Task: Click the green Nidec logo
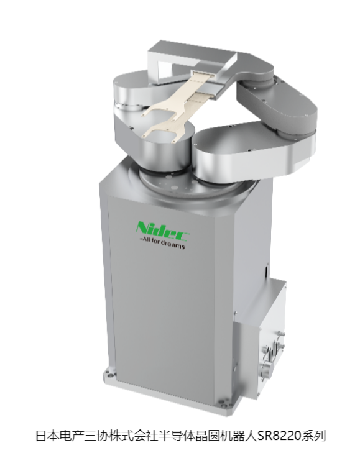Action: click(162, 231)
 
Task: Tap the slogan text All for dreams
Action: click(164, 245)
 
